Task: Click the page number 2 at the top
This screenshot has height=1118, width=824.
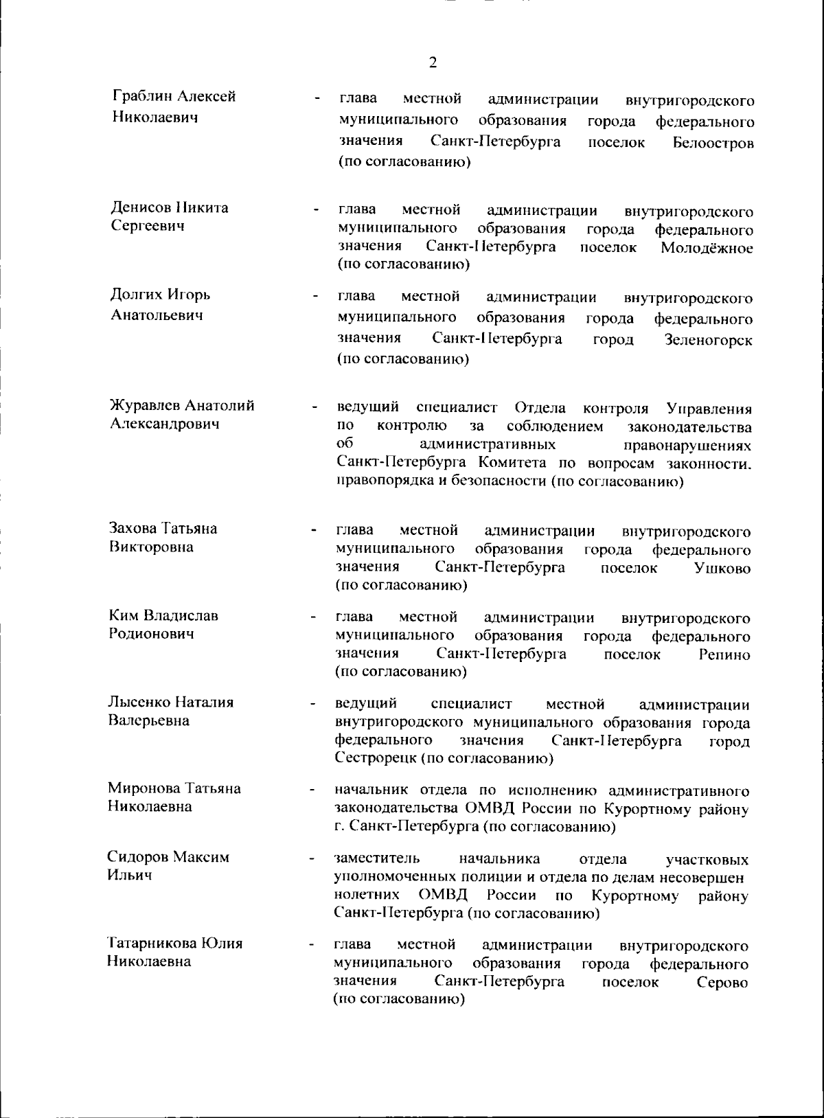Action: (x=433, y=63)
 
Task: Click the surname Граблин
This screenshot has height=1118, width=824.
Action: (x=141, y=97)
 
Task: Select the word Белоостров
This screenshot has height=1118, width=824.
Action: (x=713, y=144)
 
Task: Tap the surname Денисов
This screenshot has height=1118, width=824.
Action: (x=139, y=207)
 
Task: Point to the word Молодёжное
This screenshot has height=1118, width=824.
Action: (x=707, y=248)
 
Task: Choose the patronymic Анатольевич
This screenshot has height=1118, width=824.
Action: (x=157, y=315)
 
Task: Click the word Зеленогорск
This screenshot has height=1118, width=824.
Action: (x=709, y=340)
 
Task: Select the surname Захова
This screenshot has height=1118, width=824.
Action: (x=133, y=528)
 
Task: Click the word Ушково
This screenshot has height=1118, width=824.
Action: (x=722, y=569)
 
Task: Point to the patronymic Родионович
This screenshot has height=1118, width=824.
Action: (x=151, y=633)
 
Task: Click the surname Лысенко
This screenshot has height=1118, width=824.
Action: (x=139, y=702)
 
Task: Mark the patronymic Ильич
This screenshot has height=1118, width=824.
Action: (x=130, y=875)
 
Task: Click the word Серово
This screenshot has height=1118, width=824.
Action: (x=722, y=983)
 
